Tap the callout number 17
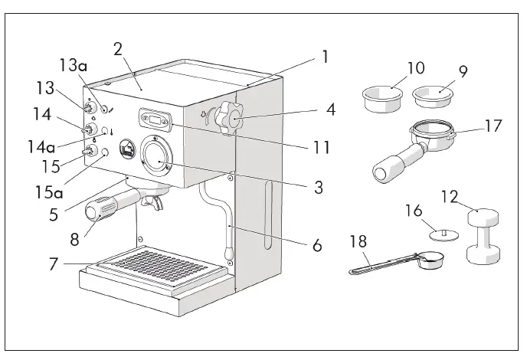click(x=493, y=125)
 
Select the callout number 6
click(x=316, y=246)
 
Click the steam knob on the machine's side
click(x=228, y=119)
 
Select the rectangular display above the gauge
click(x=155, y=119)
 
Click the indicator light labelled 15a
click(x=105, y=152)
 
